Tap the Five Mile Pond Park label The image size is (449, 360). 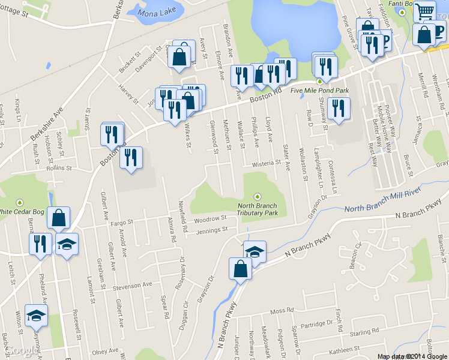(x=319, y=91)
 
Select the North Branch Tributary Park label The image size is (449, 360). (x=258, y=209)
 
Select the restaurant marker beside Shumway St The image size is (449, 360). (x=339, y=108)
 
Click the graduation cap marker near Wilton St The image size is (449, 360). (x=37, y=315)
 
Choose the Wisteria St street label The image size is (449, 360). (x=262, y=163)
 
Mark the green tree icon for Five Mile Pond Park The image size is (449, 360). (x=319, y=81)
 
